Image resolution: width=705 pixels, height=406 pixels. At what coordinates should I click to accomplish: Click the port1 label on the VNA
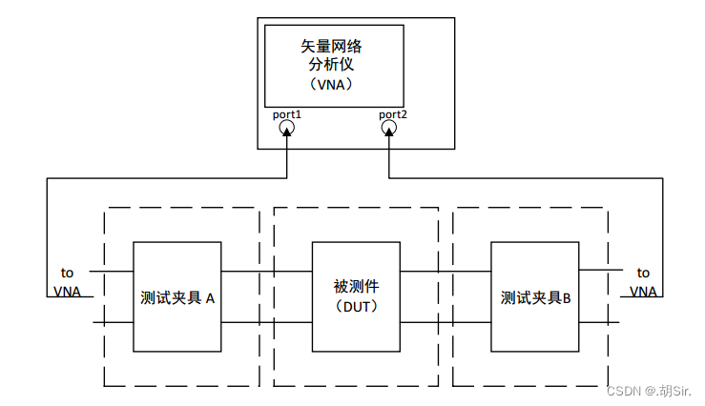point(286,115)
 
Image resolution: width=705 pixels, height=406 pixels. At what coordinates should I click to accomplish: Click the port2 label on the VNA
point(392,115)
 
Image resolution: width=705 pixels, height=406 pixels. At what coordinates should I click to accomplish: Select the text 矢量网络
point(332,45)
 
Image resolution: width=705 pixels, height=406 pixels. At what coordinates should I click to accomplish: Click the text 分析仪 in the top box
point(332,64)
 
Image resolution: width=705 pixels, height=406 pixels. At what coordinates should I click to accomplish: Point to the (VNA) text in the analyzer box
point(332,84)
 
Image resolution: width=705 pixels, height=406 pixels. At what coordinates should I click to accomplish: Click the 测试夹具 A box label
point(177,297)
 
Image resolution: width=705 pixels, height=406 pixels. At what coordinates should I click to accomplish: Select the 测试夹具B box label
point(535,297)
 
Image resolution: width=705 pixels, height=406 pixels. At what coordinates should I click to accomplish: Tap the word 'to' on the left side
point(67,272)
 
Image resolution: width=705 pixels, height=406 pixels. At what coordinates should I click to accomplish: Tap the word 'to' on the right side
point(643,272)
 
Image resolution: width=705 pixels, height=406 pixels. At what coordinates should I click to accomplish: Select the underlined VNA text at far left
point(67,291)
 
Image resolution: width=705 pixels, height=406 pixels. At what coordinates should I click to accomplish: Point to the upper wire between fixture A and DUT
point(266,272)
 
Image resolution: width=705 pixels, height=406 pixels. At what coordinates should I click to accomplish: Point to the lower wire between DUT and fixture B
point(446,323)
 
